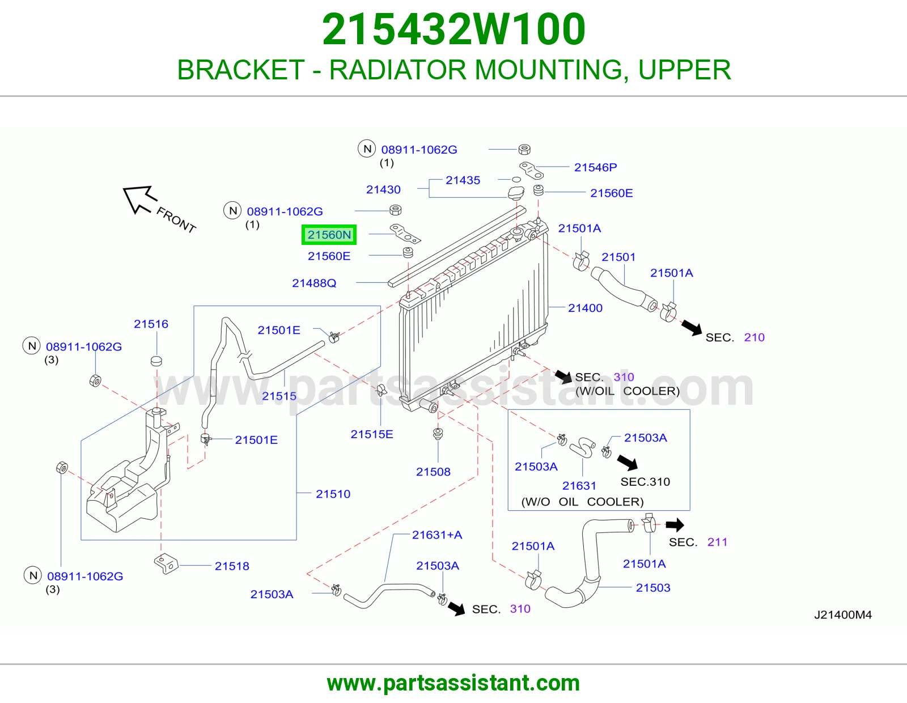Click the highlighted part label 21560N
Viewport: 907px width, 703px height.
tap(329, 235)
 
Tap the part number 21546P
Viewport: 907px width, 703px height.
tap(595, 167)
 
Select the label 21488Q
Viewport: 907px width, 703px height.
tap(314, 283)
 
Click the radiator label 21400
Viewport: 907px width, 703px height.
tap(585, 308)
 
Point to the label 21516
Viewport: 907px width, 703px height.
tap(151, 324)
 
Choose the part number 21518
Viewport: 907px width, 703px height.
tap(232, 566)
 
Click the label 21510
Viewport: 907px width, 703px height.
tap(333, 494)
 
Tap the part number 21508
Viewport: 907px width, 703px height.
tap(433, 472)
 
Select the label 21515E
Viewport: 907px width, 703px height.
tap(372, 434)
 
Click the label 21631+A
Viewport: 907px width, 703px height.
tap(437, 535)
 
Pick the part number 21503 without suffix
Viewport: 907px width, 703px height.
tap(653, 588)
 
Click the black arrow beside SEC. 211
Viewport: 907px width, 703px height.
tap(675, 525)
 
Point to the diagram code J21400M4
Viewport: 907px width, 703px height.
tap(843, 615)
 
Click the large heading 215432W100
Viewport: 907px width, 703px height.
tap(453, 29)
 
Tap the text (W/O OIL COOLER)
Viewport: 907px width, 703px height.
tap(582, 502)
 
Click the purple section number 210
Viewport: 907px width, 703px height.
tap(755, 337)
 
